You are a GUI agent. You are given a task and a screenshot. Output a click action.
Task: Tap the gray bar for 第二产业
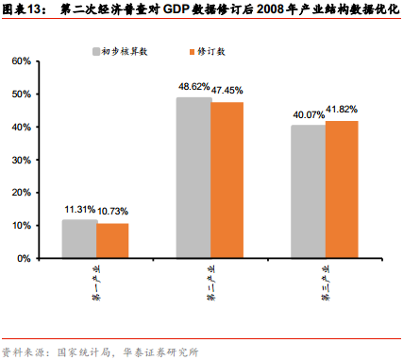click(x=194, y=178)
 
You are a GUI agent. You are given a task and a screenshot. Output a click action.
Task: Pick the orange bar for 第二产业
click(x=227, y=180)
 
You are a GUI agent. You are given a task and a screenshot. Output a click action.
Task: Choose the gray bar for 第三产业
click(x=309, y=191)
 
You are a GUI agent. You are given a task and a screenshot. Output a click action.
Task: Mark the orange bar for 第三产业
click(x=342, y=189)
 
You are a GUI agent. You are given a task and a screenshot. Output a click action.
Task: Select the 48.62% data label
click(x=193, y=88)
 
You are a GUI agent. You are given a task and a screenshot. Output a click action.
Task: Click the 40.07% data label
click(x=308, y=115)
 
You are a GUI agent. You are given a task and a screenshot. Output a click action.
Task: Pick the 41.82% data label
click(x=343, y=111)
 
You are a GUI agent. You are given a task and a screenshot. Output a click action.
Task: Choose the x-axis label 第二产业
click(x=210, y=281)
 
